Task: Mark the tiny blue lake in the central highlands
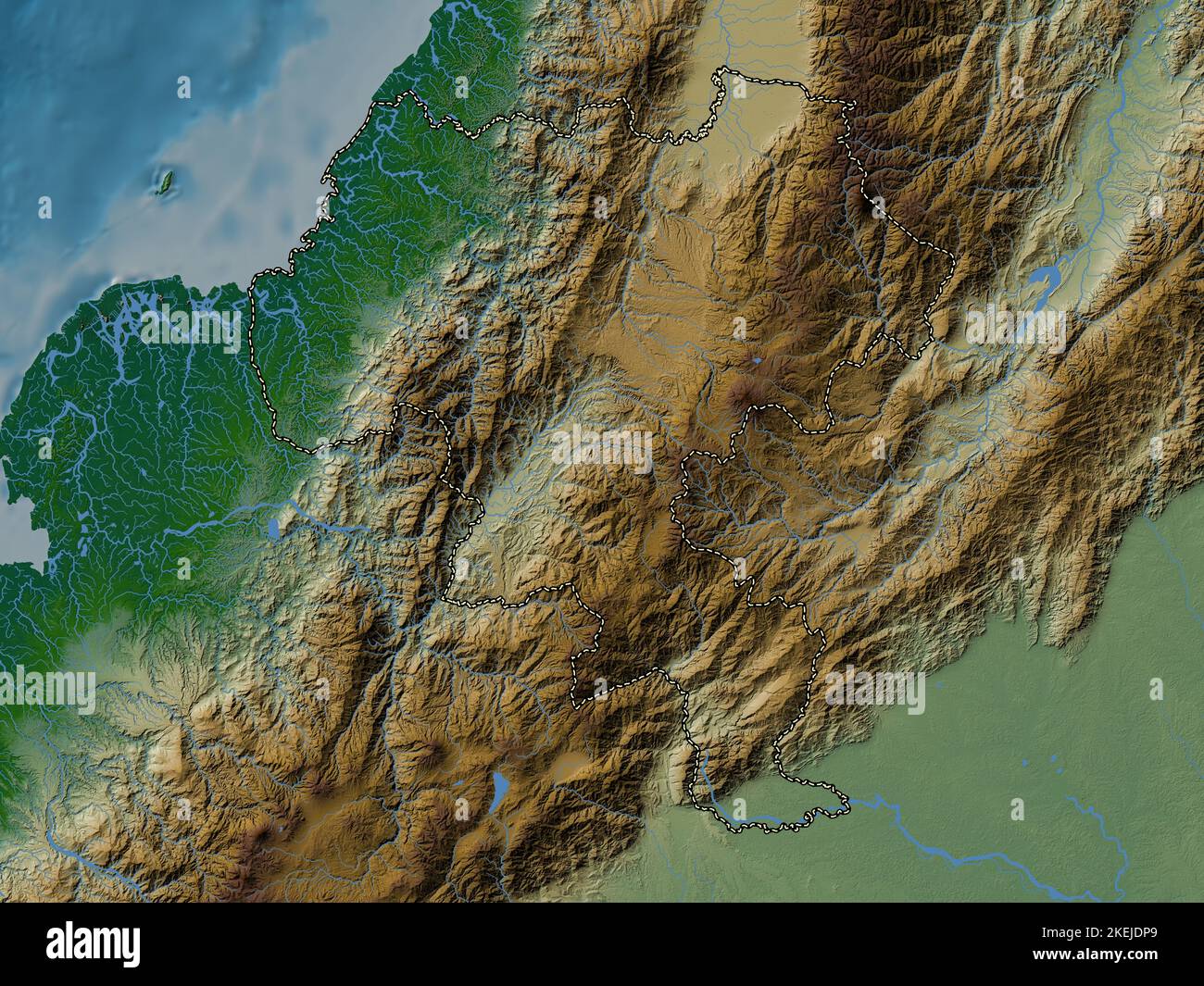pyautogui.click(x=757, y=360)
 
